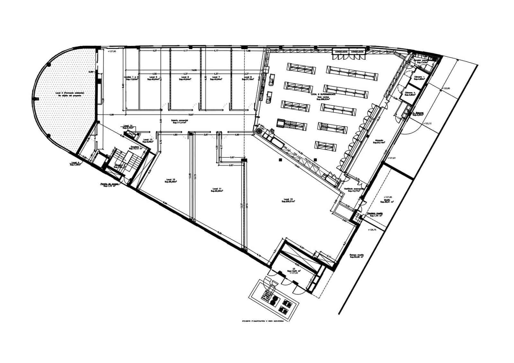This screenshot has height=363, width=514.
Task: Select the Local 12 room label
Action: tap(171, 180)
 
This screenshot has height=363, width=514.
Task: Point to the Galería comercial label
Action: tap(180, 120)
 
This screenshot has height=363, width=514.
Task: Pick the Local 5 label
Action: tap(154, 77)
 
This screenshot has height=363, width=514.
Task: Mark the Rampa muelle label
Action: tap(357, 256)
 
